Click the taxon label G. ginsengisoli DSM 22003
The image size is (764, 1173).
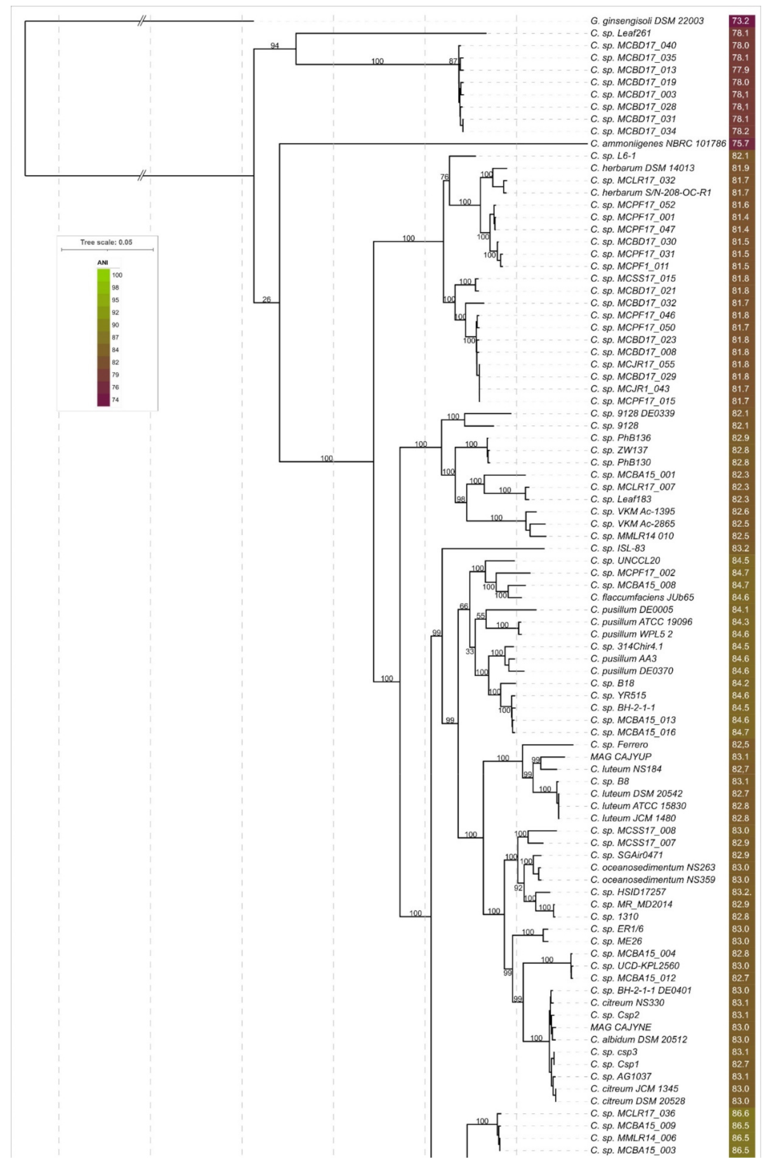pyautogui.click(x=647, y=21)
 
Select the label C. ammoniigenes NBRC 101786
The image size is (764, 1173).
pyautogui.click(x=657, y=143)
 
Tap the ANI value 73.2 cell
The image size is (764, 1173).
pyautogui.click(x=740, y=21)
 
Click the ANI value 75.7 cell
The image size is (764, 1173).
pyautogui.click(x=740, y=143)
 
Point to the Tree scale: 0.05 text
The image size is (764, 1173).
pyautogui.click(x=106, y=242)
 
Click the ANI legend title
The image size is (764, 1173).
pyautogui.click(x=103, y=263)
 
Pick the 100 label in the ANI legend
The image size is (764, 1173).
pyautogui.click(x=117, y=275)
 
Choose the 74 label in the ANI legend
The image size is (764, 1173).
pyautogui.click(x=115, y=400)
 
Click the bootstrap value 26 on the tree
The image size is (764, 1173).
pyautogui.click(x=267, y=300)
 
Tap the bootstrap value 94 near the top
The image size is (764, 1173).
pyautogui.click(x=275, y=46)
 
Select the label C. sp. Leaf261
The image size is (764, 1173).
pyautogui.click(x=621, y=33)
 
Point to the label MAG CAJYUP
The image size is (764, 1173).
pyautogui.click(x=621, y=757)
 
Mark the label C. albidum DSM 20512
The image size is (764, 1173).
pyautogui.click(x=638, y=1040)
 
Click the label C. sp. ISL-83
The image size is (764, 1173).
pyautogui.click(x=617, y=548)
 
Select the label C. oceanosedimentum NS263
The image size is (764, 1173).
pyautogui.click(x=652, y=868)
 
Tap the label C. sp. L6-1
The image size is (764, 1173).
pyautogui.click(x=613, y=156)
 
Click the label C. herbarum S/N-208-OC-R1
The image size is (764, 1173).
pyautogui.click(x=650, y=192)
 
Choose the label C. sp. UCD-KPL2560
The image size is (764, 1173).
pyautogui.click(x=635, y=966)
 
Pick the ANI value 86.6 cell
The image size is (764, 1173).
pyautogui.click(x=740, y=1113)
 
